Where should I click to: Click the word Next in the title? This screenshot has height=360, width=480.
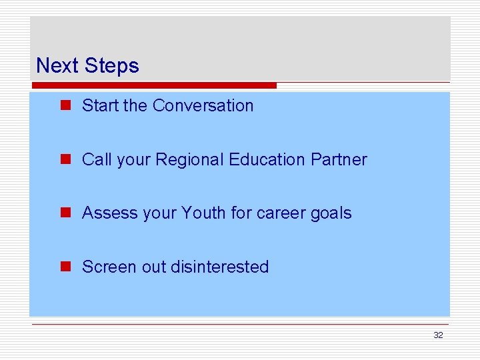click(x=58, y=65)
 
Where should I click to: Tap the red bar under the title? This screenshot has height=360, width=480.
click(x=153, y=85)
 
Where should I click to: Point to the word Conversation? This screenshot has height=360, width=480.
click(x=203, y=105)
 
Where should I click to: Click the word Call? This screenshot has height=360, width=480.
click(x=96, y=159)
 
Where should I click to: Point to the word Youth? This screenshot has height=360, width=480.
click(x=204, y=213)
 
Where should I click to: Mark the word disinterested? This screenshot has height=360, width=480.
click(x=219, y=267)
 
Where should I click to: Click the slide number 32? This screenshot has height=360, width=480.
click(x=438, y=335)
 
